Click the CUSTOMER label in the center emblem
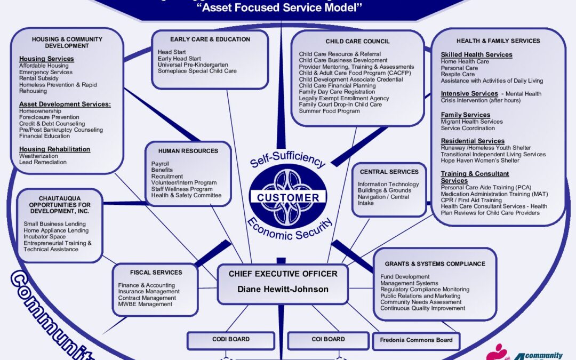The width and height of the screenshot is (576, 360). (x=288, y=198)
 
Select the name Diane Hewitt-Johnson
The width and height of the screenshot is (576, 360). (x=283, y=290)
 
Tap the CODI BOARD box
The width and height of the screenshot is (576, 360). (x=231, y=339)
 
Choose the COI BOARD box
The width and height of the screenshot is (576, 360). (x=328, y=339)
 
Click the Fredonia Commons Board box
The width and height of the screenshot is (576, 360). (x=416, y=340)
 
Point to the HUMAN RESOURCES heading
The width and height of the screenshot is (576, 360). (x=188, y=151)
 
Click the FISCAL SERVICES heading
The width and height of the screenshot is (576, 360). (x=156, y=273)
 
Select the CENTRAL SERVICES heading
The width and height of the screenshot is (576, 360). (x=389, y=172)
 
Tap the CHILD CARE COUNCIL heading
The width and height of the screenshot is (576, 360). (x=357, y=42)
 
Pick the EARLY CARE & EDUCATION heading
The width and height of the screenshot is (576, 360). (x=210, y=39)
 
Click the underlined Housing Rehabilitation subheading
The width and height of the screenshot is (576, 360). (x=55, y=149)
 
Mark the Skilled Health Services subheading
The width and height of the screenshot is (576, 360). (x=476, y=55)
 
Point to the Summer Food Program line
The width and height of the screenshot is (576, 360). (x=329, y=111)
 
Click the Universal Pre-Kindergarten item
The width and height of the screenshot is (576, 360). (x=193, y=65)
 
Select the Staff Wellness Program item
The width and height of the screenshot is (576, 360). (x=181, y=189)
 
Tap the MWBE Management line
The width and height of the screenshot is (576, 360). (x=145, y=304)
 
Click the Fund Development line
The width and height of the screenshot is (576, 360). (x=404, y=277)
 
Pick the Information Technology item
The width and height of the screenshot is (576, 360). (x=388, y=185)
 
